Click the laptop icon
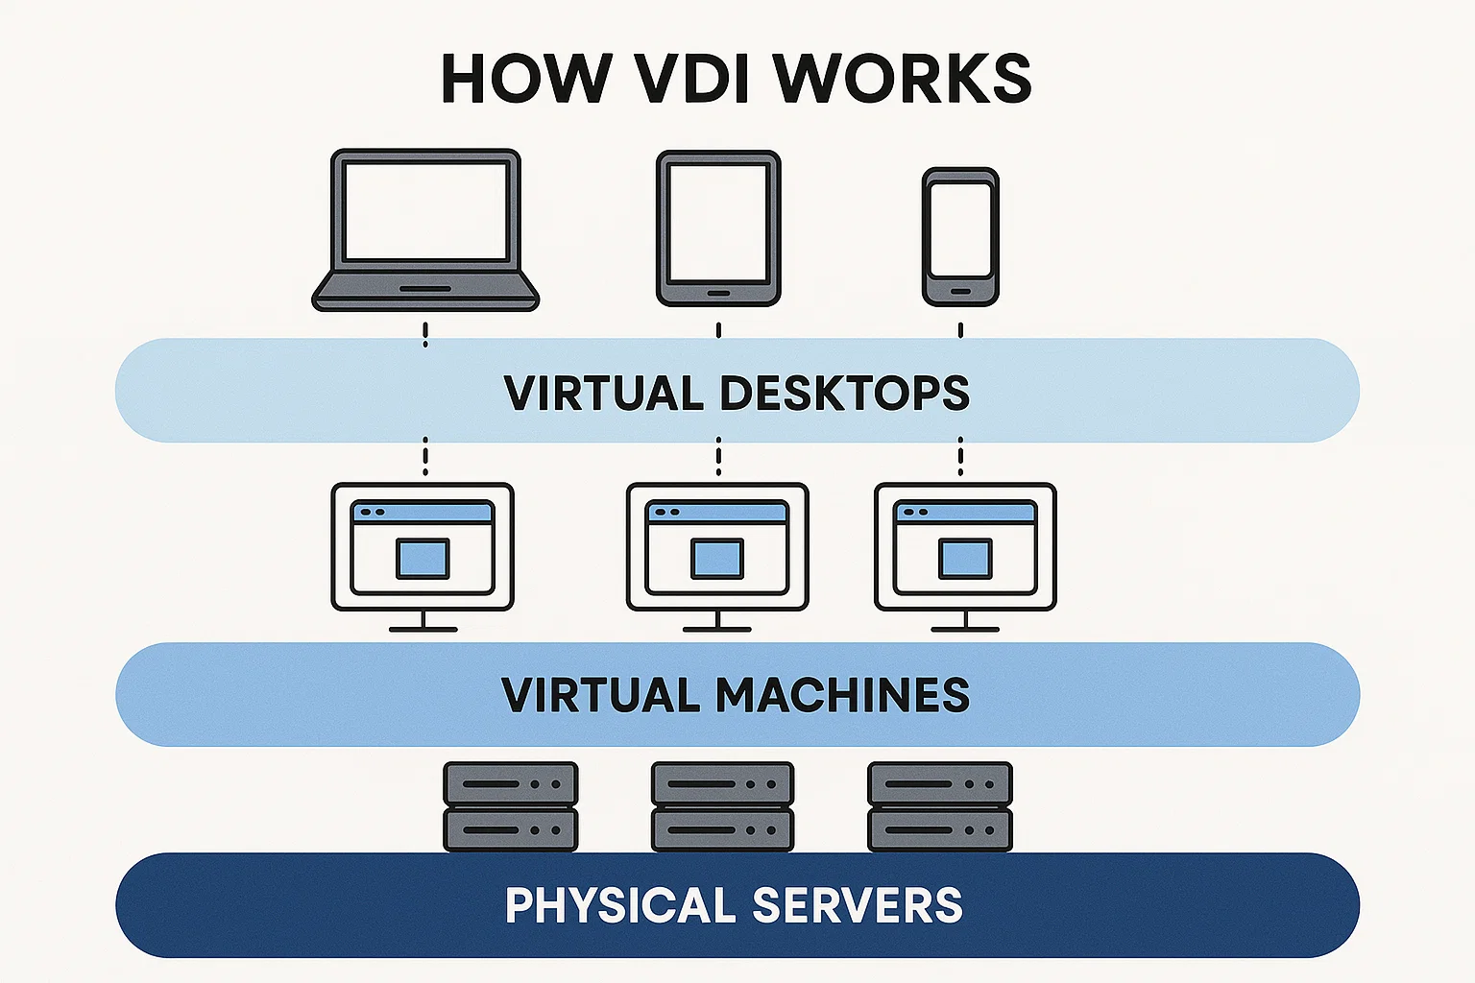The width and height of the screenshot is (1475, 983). coord(425,230)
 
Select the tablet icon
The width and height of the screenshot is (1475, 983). coord(718,228)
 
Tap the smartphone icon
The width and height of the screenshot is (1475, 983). coord(960,237)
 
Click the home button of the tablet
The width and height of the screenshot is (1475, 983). coord(718,293)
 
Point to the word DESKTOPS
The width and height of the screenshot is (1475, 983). coord(844,393)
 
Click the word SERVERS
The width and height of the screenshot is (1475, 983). coord(857,905)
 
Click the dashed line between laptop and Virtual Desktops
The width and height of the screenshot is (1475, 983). coord(425,335)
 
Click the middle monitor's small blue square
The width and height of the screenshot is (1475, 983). coord(717,559)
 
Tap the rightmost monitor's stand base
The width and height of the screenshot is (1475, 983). coord(965,630)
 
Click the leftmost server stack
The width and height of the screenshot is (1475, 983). coord(510,806)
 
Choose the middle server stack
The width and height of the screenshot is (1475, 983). coord(722,806)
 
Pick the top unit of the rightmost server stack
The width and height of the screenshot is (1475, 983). coord(939,783)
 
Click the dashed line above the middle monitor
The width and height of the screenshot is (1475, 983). coord(718,457)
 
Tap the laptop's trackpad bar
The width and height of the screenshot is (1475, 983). coord(425,289)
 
